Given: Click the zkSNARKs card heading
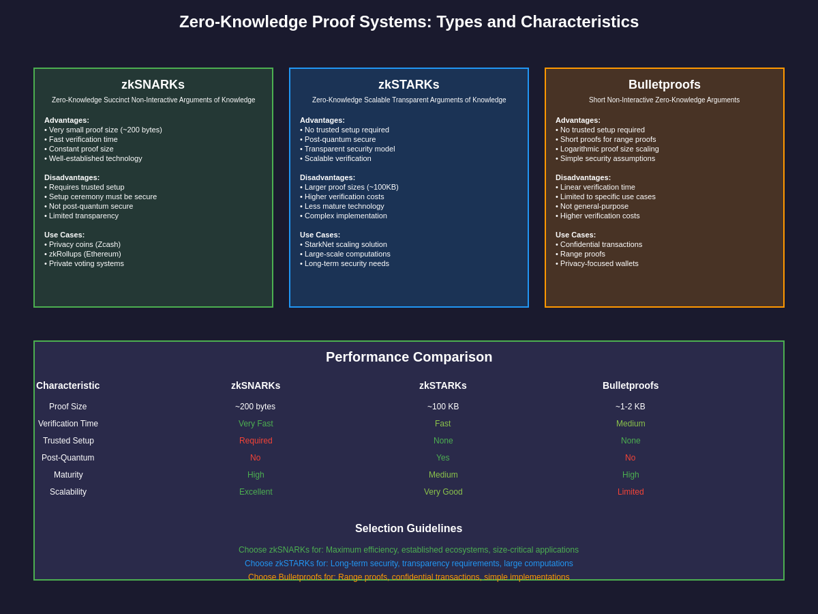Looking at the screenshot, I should [153, 85].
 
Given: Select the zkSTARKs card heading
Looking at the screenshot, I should [409, 85].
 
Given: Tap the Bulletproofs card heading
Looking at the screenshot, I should [665, 85].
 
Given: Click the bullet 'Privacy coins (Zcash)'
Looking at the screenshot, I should [85, 244].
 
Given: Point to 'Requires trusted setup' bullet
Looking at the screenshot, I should [87, 187].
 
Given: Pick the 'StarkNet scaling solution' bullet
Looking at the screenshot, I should [345, 244].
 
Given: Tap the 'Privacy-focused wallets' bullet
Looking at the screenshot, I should [599, 263].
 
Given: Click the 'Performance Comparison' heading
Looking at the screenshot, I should [409, 357].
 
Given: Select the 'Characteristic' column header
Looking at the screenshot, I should [68, 385].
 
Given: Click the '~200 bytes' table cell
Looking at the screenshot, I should [256, 407].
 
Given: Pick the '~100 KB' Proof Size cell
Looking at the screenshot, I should [443, 407].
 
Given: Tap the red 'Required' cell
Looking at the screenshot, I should [256, 441].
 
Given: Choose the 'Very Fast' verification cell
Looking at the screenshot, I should [256, 424].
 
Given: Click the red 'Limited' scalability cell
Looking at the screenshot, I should [631, 492].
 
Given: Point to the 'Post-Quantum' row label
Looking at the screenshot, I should [68, 458].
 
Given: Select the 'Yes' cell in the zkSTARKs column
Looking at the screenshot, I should [443, 458].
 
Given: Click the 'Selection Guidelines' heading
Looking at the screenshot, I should [409, 529].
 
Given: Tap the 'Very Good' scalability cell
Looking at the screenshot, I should [443, 492].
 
